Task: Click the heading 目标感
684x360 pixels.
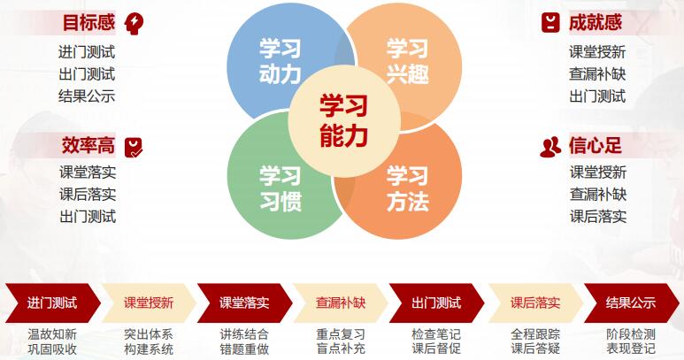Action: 88,22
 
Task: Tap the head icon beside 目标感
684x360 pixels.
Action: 134,22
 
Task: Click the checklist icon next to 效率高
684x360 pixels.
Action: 134,147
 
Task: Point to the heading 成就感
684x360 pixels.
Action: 595,22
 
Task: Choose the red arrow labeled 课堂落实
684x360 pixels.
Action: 244,303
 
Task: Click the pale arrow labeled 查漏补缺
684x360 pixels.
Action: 341,303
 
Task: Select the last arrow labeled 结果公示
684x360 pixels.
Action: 630,303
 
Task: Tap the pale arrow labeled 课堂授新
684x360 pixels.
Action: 149,303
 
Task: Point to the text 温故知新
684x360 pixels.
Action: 52,333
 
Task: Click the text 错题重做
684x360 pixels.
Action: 244,349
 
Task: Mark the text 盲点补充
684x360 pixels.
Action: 341,349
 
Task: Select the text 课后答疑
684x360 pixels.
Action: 535,349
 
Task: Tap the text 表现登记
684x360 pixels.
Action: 631,349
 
